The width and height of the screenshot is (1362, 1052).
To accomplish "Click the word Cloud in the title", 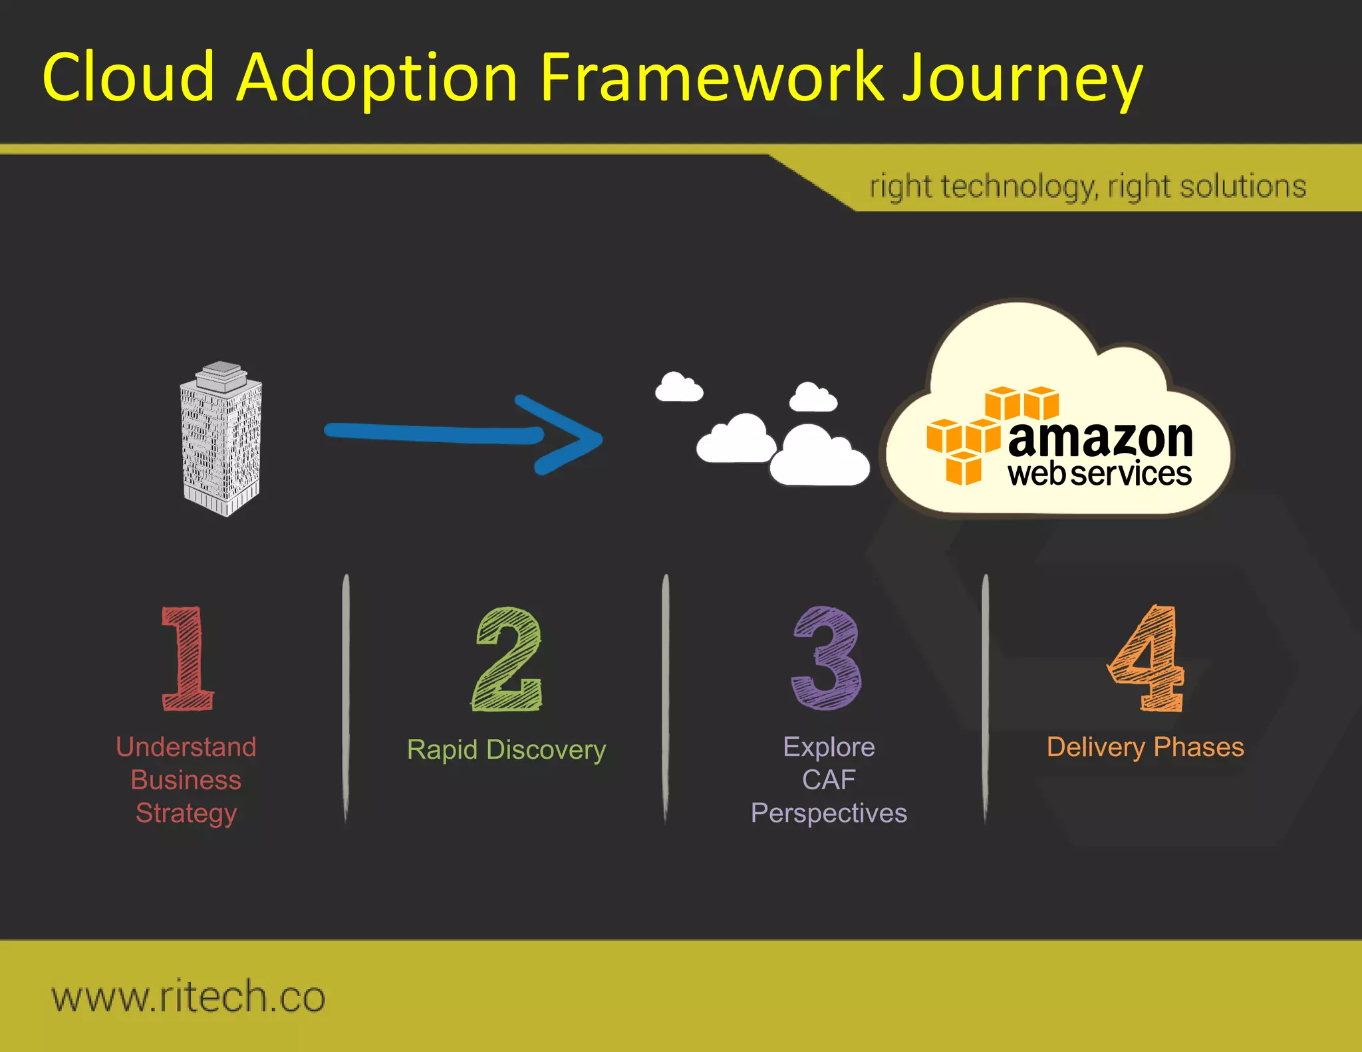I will pyautogui.click(x=128, y=78).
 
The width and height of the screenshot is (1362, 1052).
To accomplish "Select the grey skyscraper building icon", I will pyautogui.click(x=221, y=440).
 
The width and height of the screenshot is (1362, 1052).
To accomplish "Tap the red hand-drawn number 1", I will pyautogui.click(x=187, y=658).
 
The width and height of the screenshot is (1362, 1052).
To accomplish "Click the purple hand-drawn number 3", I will pyautogui.click(x=827, y=658).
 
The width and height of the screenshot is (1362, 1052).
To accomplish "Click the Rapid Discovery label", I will pyautogui.click(x=506, y=749).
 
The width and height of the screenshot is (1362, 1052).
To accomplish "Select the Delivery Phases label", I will pyautogui.click(x=1145, y=747).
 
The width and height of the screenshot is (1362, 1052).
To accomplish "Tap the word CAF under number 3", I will pyautogui.click(x=828, y=780).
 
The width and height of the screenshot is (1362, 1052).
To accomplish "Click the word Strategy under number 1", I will pyautogui.click(x=186, y=813).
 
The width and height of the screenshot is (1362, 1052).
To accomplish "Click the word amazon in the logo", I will pyautogui.click(x=1100, y=440).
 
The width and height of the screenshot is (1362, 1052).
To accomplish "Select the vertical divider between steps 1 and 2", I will pyautogui.click(x=346, y=698).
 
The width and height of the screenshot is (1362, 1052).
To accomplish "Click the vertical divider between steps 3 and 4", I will pyautogui.click(x=985, y=698).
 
